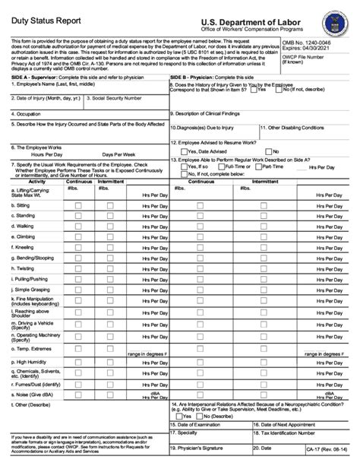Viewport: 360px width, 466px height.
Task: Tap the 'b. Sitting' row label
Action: tap(22, 205)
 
